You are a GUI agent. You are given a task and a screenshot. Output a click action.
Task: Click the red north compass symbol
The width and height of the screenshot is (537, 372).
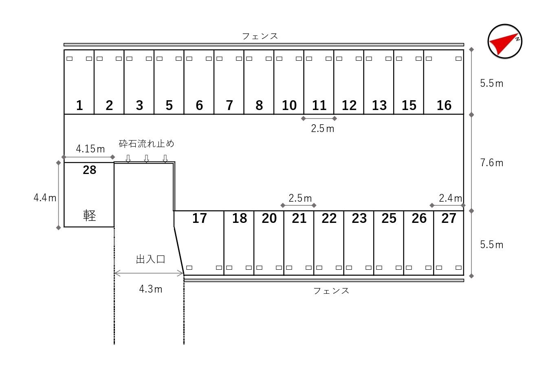point(505,42)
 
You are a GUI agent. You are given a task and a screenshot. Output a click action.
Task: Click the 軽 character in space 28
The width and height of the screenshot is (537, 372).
point(89,215)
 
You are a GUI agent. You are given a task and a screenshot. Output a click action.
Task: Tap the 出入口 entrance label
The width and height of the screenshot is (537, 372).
point(150,259)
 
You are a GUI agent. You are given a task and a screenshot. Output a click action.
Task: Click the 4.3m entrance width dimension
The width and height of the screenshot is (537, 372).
point(150,289)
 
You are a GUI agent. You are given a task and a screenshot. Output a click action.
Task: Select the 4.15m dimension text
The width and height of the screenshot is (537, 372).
point(90,149)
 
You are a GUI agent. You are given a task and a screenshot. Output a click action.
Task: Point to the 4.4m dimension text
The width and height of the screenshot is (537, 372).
point(45,198)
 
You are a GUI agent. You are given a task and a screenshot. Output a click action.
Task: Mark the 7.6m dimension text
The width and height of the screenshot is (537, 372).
point(491,163)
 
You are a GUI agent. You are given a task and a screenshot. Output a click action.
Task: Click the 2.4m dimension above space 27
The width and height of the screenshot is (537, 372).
point(450,198)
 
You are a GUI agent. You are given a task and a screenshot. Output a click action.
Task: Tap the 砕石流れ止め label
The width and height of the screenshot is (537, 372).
point(146,144)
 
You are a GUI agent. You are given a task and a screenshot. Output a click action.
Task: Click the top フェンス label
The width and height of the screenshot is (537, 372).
point(260,36)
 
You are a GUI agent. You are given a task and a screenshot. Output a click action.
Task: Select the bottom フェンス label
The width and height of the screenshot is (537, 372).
point(331,291)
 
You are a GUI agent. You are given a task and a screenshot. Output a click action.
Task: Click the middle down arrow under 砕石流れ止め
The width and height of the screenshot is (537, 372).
point(147,159)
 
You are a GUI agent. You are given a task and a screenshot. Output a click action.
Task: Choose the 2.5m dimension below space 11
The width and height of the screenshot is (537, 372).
point(322,129)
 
